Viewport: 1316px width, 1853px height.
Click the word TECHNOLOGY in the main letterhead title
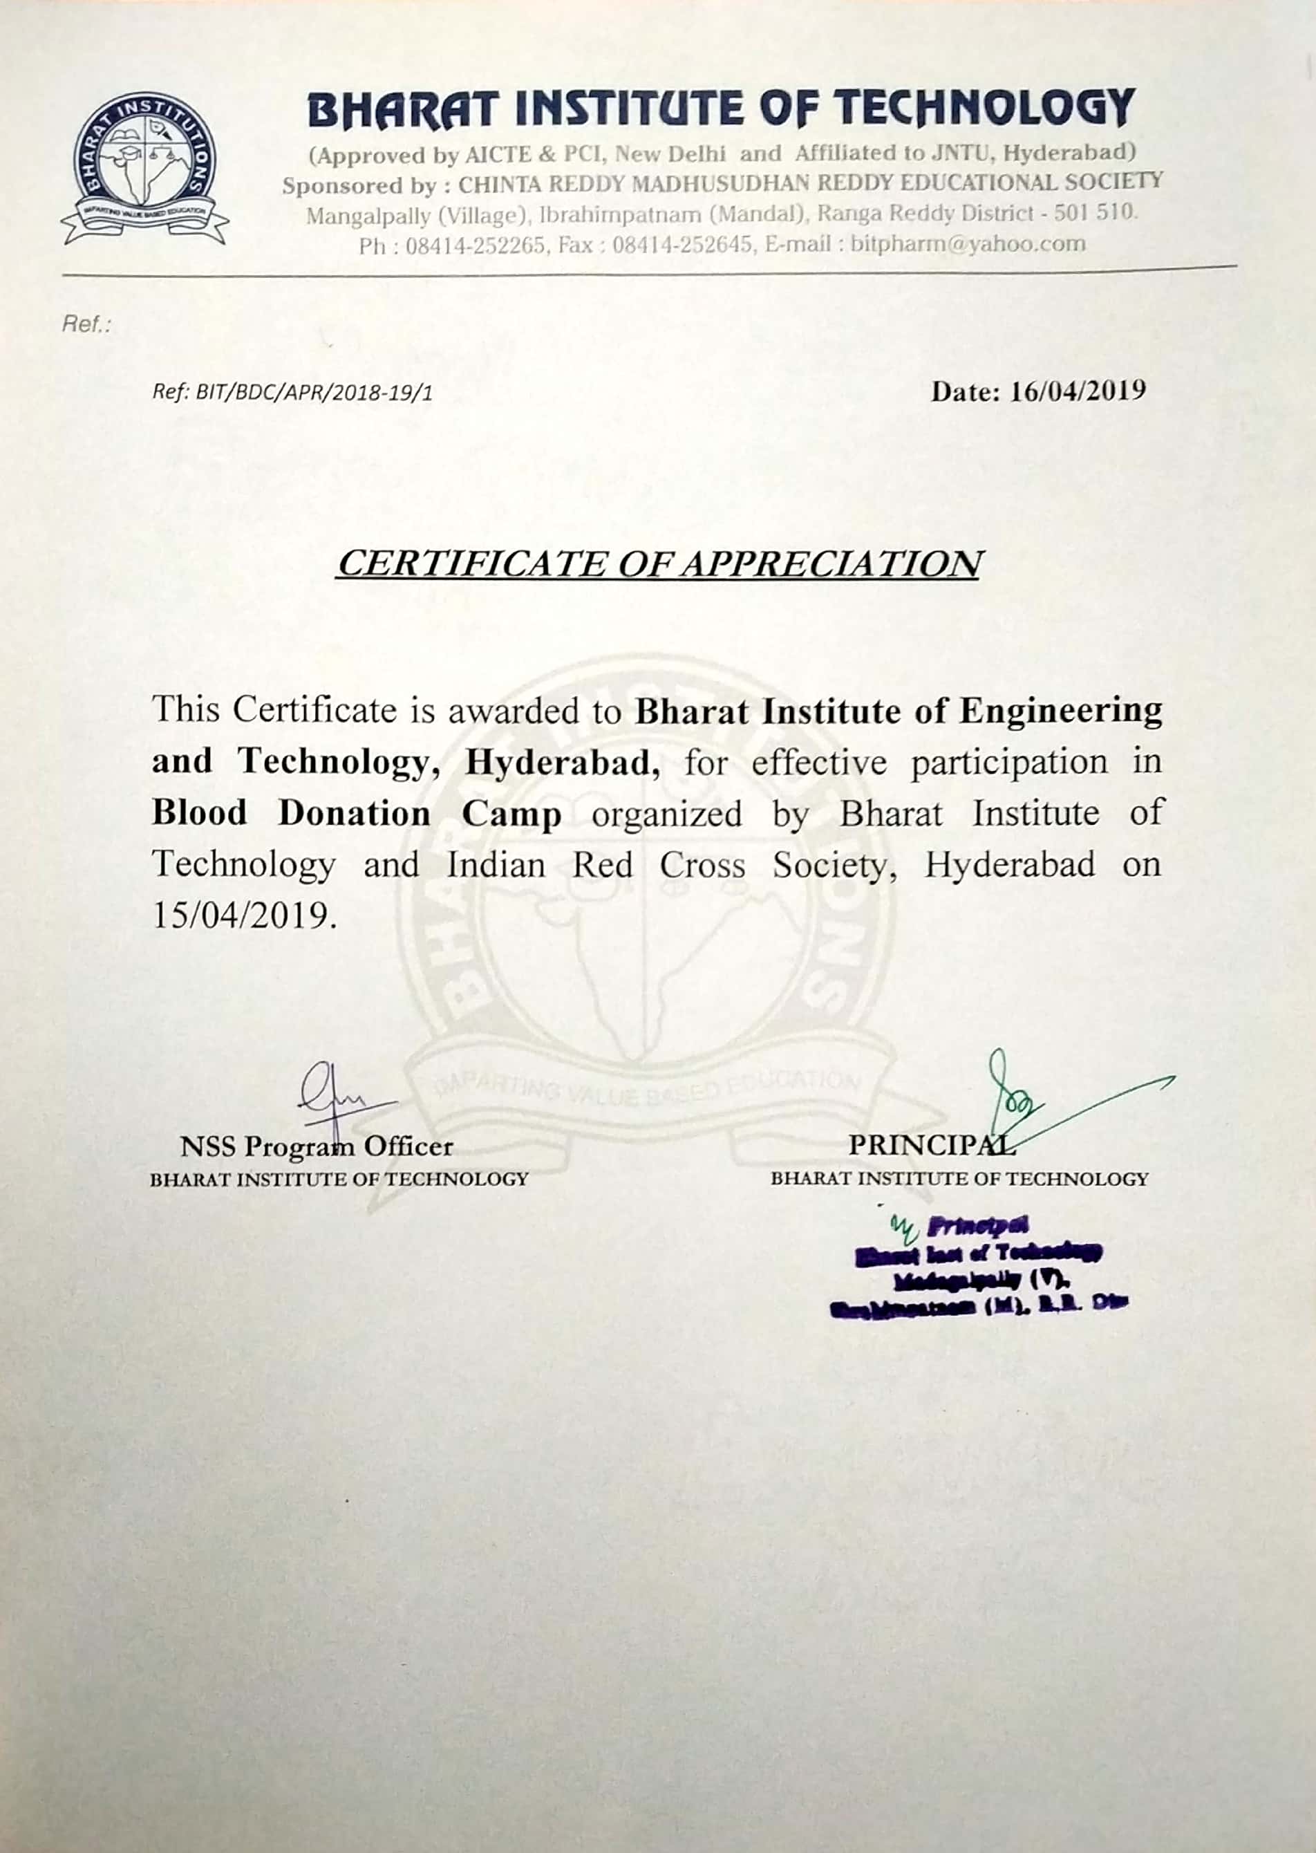coord(984,109)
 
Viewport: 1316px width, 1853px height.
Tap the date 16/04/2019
coord(1078,391)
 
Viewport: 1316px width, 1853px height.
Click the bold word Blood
coord(199,813)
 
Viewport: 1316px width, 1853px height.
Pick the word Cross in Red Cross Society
coord(702,865)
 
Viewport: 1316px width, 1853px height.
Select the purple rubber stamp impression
coord(979,1265)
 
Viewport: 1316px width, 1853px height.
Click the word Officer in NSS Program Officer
coord(408,1146)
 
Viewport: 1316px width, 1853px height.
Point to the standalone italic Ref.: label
coord(85,325)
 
